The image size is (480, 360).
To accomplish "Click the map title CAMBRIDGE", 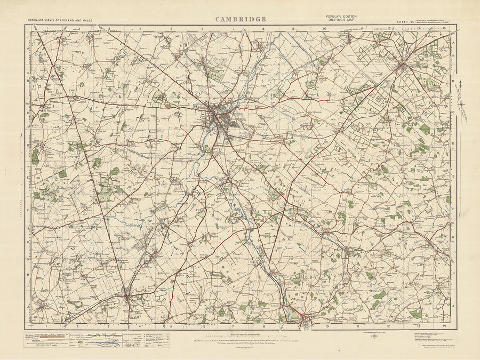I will pyautogui.click(x=241, y=19).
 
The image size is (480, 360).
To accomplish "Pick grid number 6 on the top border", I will pyautogui.click(x=203, y=29).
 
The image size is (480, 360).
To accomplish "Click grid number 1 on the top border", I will pyautogui.click(x=47, y=29).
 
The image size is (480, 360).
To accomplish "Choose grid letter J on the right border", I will pyautogui.click(x=453, y=307).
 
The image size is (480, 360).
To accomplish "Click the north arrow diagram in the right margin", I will pyautogui.click(x=462, y=101).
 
